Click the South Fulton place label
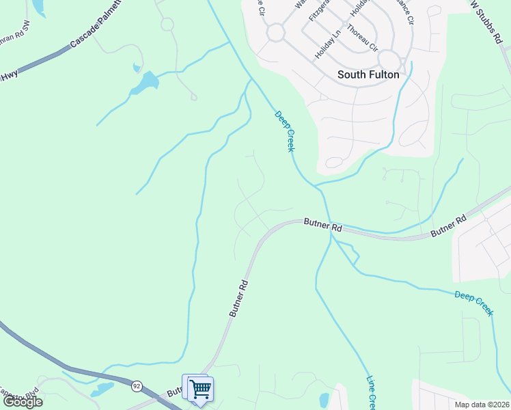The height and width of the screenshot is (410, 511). click(x=369, y=74)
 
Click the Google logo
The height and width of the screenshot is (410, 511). click(x=23, y=402)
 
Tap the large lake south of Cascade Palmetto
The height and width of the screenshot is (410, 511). click(x=146, y=83)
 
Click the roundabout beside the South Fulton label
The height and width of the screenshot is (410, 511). click(x=389, y=59)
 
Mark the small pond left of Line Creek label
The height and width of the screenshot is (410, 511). click(x=324, y=399)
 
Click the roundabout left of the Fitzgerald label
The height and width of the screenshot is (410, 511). click(x=275, y=32)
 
